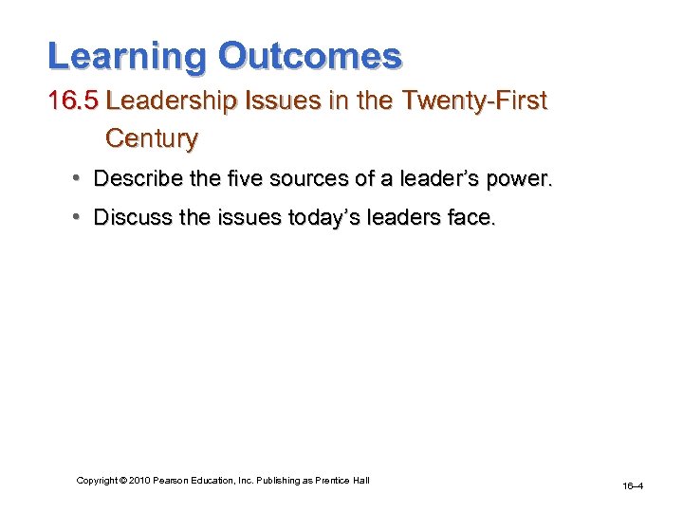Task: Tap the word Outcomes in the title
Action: (x=310, y=56)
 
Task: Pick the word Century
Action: (x=152, y=138)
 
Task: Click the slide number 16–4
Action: (x=633, y=486)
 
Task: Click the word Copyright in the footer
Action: (x=98, y=481)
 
